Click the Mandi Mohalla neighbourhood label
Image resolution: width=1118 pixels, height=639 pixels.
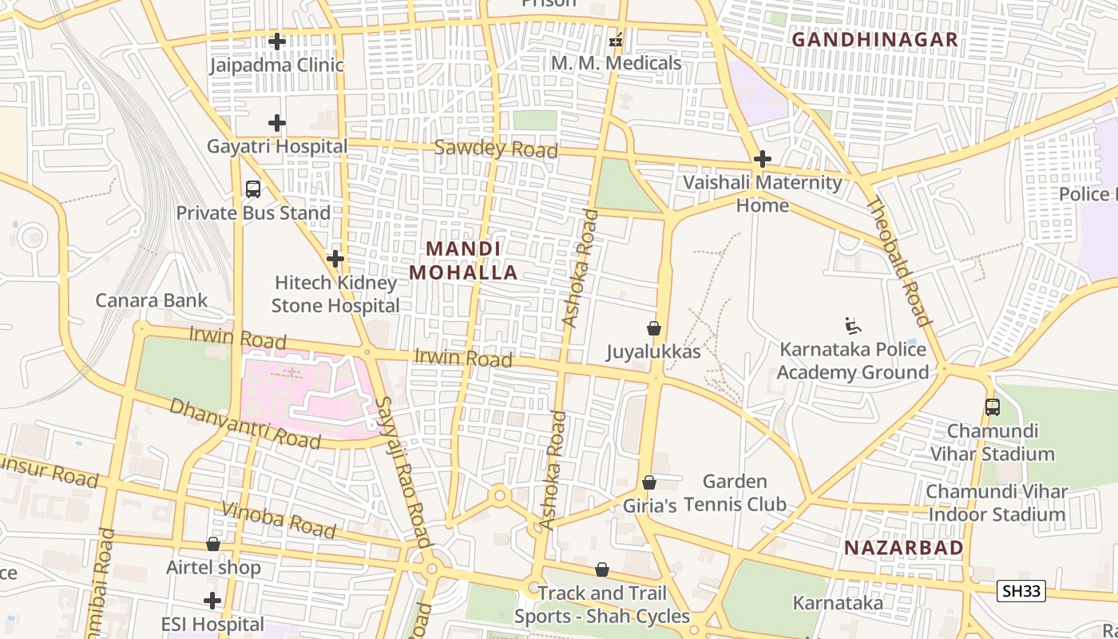pos(463,260)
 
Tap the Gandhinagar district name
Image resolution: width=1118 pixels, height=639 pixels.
pos(874,39)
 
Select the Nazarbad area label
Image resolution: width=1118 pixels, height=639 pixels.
pos(904,547)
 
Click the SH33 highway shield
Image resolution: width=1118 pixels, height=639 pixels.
pos(1021,591)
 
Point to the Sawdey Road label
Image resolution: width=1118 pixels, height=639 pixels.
pos(496,149)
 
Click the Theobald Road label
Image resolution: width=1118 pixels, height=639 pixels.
pos(898,261)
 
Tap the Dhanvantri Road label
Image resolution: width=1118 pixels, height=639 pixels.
pos(244,423)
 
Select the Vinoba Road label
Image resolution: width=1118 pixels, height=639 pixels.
pos(279,520)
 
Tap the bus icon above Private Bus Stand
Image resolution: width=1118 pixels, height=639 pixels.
pos(253,189)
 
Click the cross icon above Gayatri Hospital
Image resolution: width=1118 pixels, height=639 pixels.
pos(277,123)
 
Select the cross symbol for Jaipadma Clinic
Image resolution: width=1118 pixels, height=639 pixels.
pos(277,41)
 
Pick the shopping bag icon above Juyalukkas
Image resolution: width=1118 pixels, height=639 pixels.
pos(654,328)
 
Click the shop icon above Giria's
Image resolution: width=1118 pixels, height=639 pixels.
pos(649,482)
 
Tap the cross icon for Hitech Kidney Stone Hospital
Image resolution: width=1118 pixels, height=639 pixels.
pos(335,259)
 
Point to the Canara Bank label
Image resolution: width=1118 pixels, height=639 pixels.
pos(151,300)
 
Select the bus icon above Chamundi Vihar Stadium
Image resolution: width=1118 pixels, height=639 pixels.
pos(993,407)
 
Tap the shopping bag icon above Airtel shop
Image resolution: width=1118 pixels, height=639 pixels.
pos(213,544)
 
